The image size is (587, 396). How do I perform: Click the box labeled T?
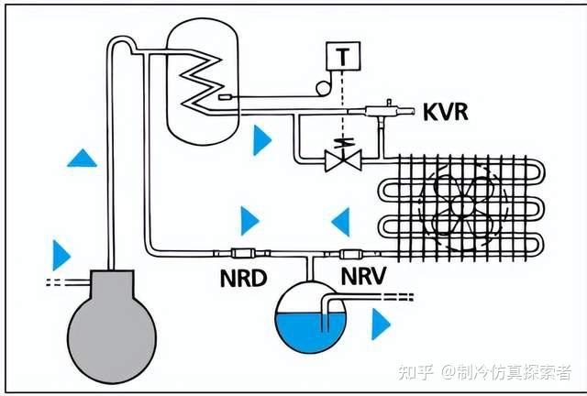click(x=343, y=56)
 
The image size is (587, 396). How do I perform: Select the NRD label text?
click(x=243, y=277)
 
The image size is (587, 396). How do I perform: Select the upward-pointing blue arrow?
click(x=82, y=158)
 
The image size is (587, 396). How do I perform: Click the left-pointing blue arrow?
click(x=340, y=221)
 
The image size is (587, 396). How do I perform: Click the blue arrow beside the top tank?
click(x=262, y=139)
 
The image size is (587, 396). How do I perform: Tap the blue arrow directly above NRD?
click(x=249, y=221)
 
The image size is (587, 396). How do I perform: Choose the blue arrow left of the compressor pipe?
click(x=61, y=253)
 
